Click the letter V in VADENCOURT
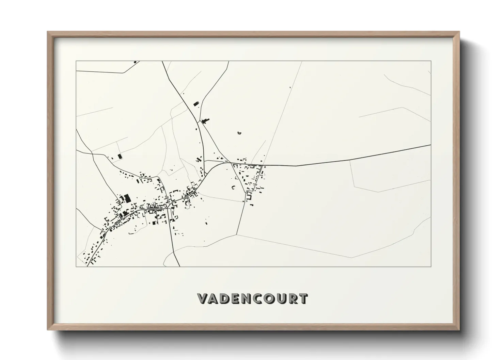[204, 299]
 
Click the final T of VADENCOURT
[303, 299]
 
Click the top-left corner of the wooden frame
[48, 32]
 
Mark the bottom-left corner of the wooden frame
[48, 330]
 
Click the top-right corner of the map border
[431, 61]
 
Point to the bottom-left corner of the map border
[76, 266]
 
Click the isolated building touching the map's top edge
[135, 62]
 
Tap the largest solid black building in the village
[127, 198]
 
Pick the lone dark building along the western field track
[120, 157]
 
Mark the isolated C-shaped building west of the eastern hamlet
[234, 187]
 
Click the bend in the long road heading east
[296, 166]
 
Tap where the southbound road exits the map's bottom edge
[179, 266]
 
